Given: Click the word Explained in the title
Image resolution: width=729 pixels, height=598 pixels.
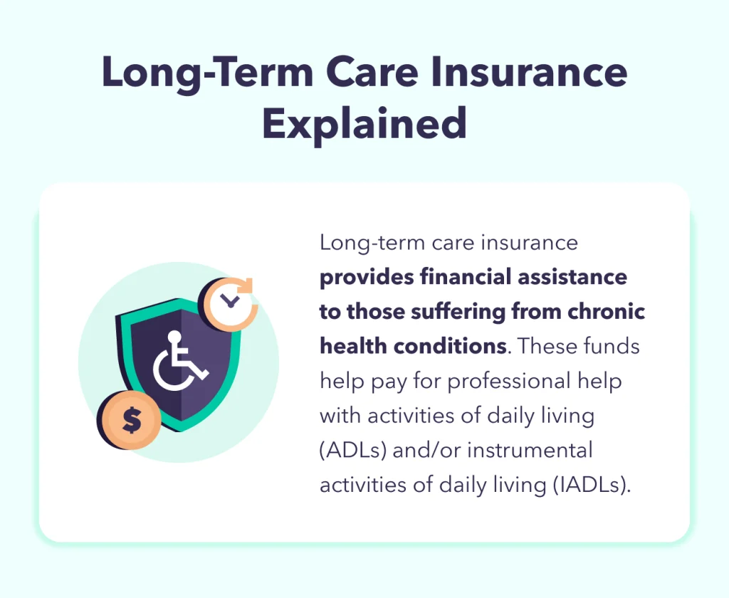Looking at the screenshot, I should [364, 124].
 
